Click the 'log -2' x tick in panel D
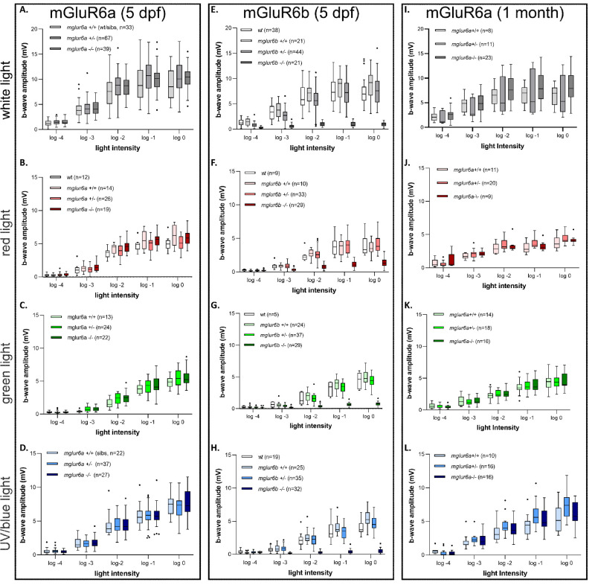tap(119, 554)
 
